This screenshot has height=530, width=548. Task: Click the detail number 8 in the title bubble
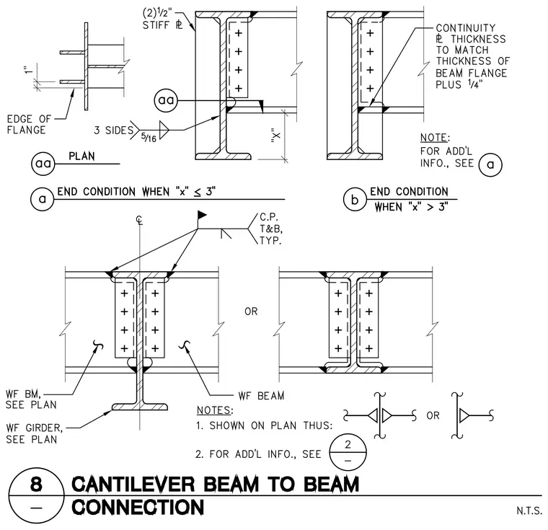coord(36,484)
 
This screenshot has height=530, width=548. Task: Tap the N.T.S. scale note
coord(529,511)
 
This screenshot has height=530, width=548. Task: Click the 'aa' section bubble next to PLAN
coord(43,163)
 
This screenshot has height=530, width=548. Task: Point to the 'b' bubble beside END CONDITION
coord(355,199)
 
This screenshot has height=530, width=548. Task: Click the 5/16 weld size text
coord(149,137)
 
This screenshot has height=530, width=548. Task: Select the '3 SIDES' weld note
coord(114,131)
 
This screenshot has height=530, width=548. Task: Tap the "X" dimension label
coord(276,136)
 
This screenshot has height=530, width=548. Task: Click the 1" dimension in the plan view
coord(29,69)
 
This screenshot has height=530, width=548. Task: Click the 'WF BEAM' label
coord(262,396)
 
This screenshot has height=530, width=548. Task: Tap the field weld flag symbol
coord(202,215)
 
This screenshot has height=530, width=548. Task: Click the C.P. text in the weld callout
coord(269,217)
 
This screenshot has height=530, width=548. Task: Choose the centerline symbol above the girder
coord(139,220)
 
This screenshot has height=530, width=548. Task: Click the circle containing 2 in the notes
coord(348,452)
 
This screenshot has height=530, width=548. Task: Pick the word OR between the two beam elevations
coord(251,311)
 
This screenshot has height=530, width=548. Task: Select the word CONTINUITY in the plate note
coord(466,28)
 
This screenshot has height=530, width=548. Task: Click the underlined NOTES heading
coord(215,410)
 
